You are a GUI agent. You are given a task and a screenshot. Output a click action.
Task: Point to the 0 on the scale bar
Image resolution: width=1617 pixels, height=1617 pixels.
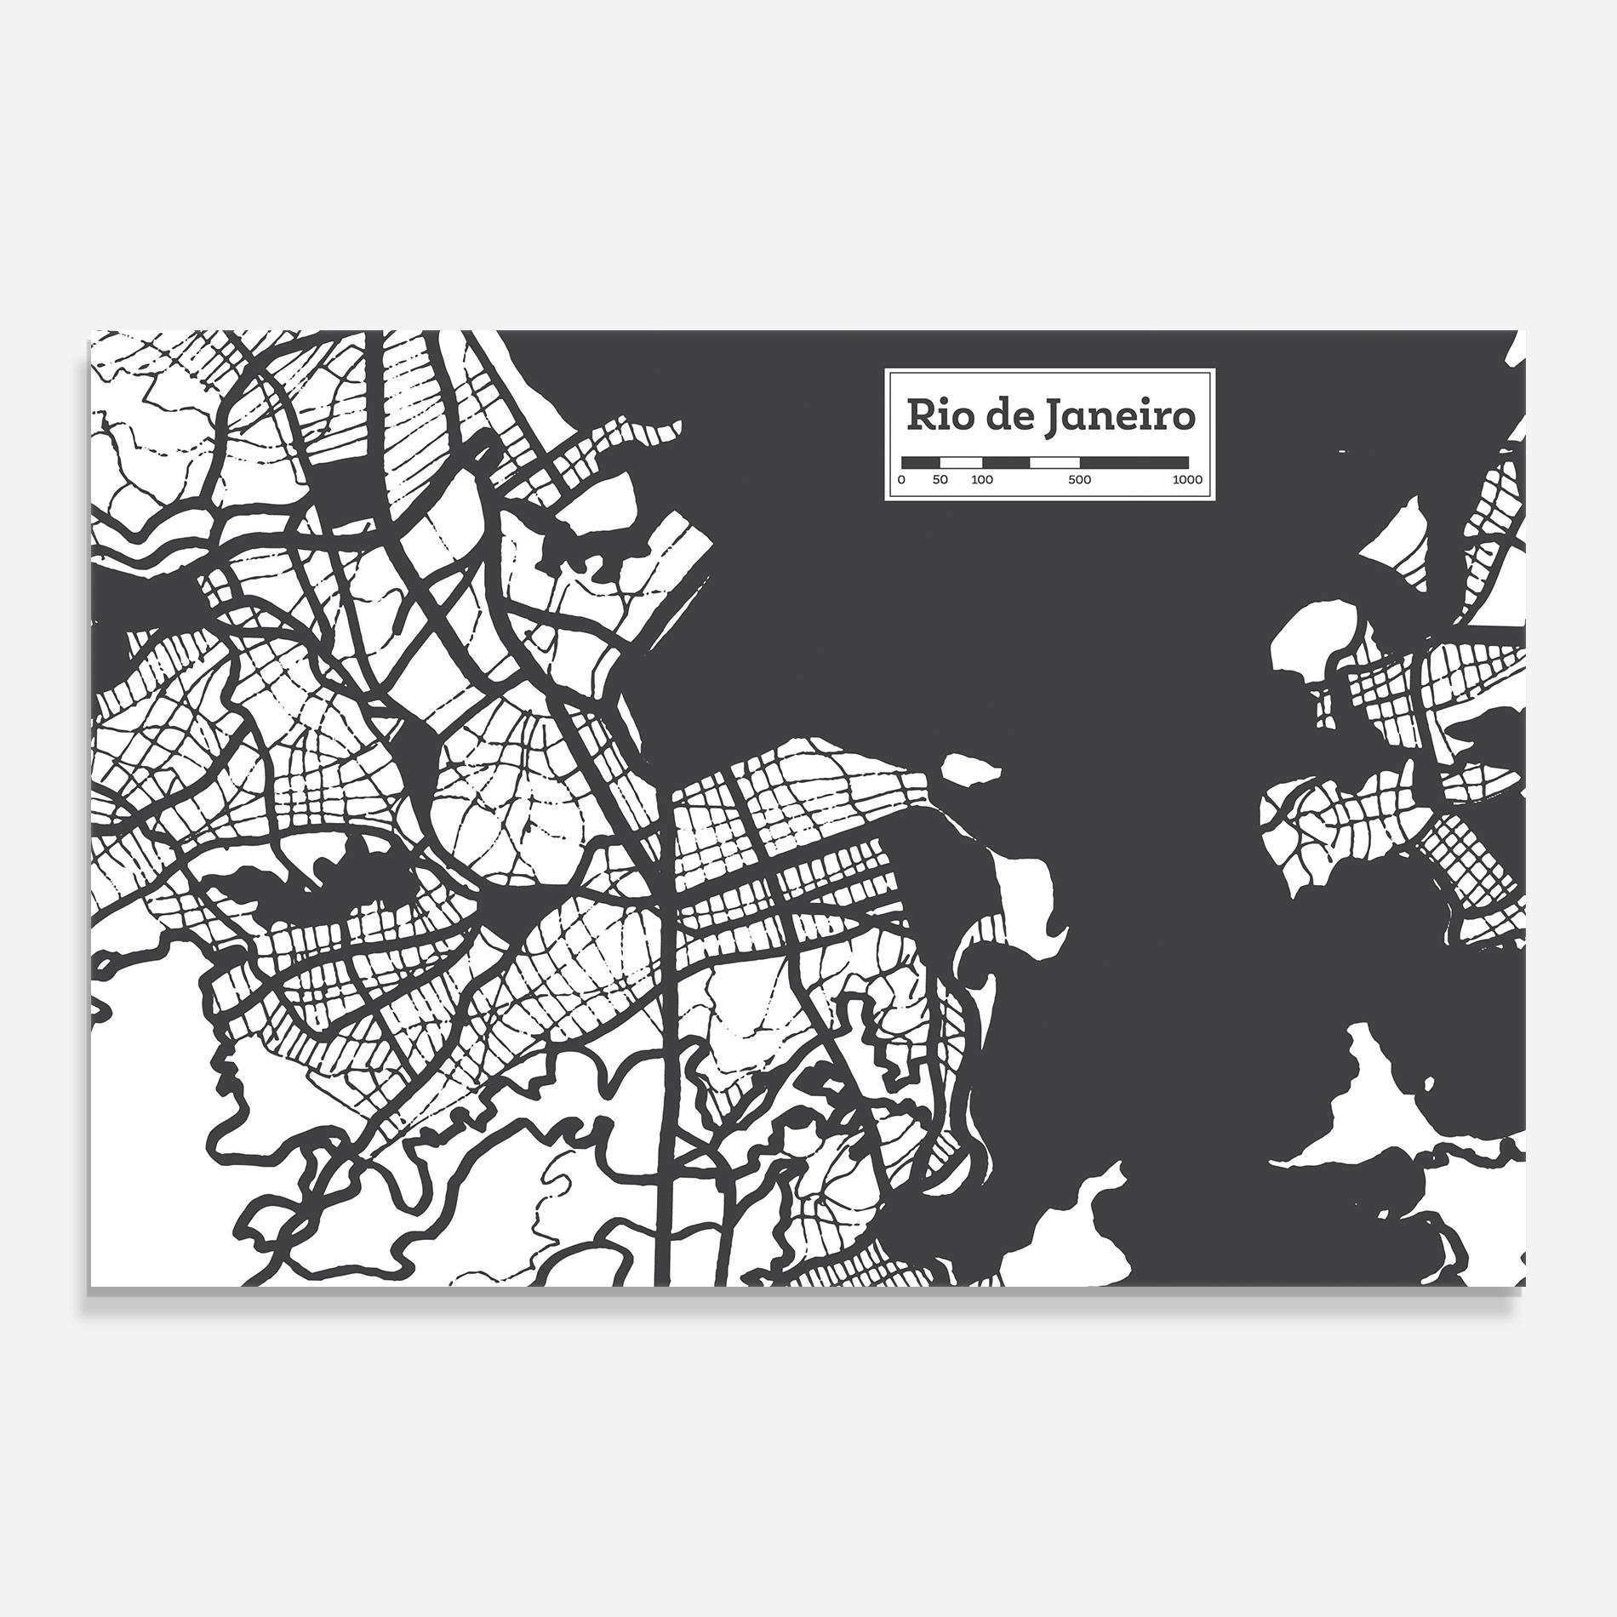click(901, 480)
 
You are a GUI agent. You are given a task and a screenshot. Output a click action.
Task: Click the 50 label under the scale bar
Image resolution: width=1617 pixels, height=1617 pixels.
click(940, 480)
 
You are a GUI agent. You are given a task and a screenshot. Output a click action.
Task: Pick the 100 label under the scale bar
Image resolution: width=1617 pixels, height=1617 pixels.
click(981, 480)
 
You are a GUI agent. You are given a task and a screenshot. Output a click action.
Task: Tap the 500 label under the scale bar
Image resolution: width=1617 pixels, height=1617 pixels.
click(1079, 480)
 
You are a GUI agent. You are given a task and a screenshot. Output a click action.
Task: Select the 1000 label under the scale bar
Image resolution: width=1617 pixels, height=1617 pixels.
click(1187, 480)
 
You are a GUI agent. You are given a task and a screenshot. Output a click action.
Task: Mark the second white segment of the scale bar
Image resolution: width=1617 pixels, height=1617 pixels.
click(1054, 462)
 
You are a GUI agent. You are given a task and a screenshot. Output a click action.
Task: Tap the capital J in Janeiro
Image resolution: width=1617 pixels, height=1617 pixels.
click(1054, 418)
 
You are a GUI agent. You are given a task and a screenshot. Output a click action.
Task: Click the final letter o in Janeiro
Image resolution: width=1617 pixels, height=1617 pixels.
click(1183, 420)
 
